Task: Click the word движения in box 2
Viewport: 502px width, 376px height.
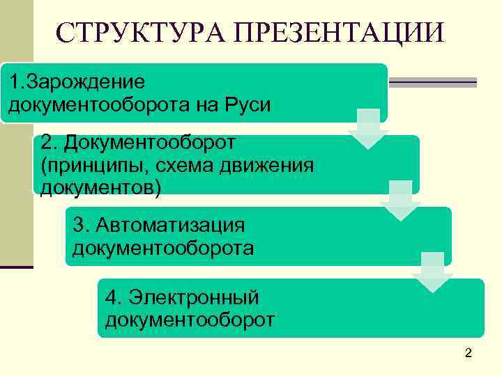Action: click(x=268, y=165)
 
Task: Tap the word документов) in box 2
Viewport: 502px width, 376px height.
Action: click(x=100, y=187)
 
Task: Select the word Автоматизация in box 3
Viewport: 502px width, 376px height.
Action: click(x=171, y=225)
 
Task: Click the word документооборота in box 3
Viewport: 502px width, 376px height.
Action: click(x=163, y=248)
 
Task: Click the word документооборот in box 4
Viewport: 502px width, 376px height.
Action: click(x=190, y=320)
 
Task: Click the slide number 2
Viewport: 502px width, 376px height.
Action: click(x=469, y=354)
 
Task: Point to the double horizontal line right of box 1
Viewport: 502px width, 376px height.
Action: click(x=432, y=82)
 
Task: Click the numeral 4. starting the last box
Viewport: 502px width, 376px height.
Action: click(x=112, y=297)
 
